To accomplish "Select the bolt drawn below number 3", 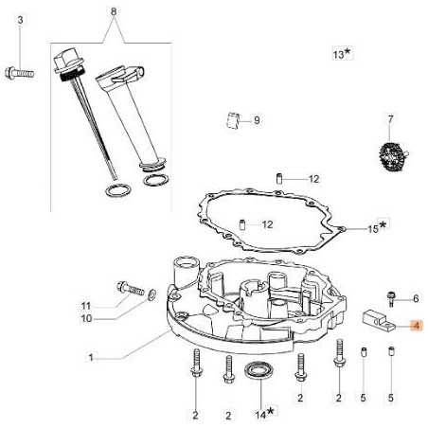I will tap(20, 69).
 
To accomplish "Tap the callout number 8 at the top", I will tap(115, 11).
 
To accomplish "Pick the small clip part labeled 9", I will tap(231, 118).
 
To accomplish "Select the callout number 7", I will tap(389, 119).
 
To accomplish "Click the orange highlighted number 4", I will tap(414, 325).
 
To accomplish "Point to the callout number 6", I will tap(415, 298).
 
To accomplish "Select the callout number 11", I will tap(112, 306).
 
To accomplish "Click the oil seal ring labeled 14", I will tap(257, 368).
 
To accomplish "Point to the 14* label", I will tap(262, 412).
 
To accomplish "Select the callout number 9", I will tap(256, 120).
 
